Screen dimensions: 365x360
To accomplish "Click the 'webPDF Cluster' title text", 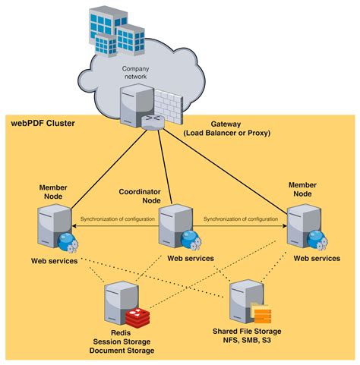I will (x=43, y=123).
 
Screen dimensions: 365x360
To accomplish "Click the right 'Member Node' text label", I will (x=302, y=190).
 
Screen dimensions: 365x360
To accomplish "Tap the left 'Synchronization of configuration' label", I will (x=118, y=219).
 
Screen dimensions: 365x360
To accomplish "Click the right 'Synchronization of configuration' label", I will (x=241, y=219).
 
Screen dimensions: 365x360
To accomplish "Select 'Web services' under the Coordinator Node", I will (x=190, y=258).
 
